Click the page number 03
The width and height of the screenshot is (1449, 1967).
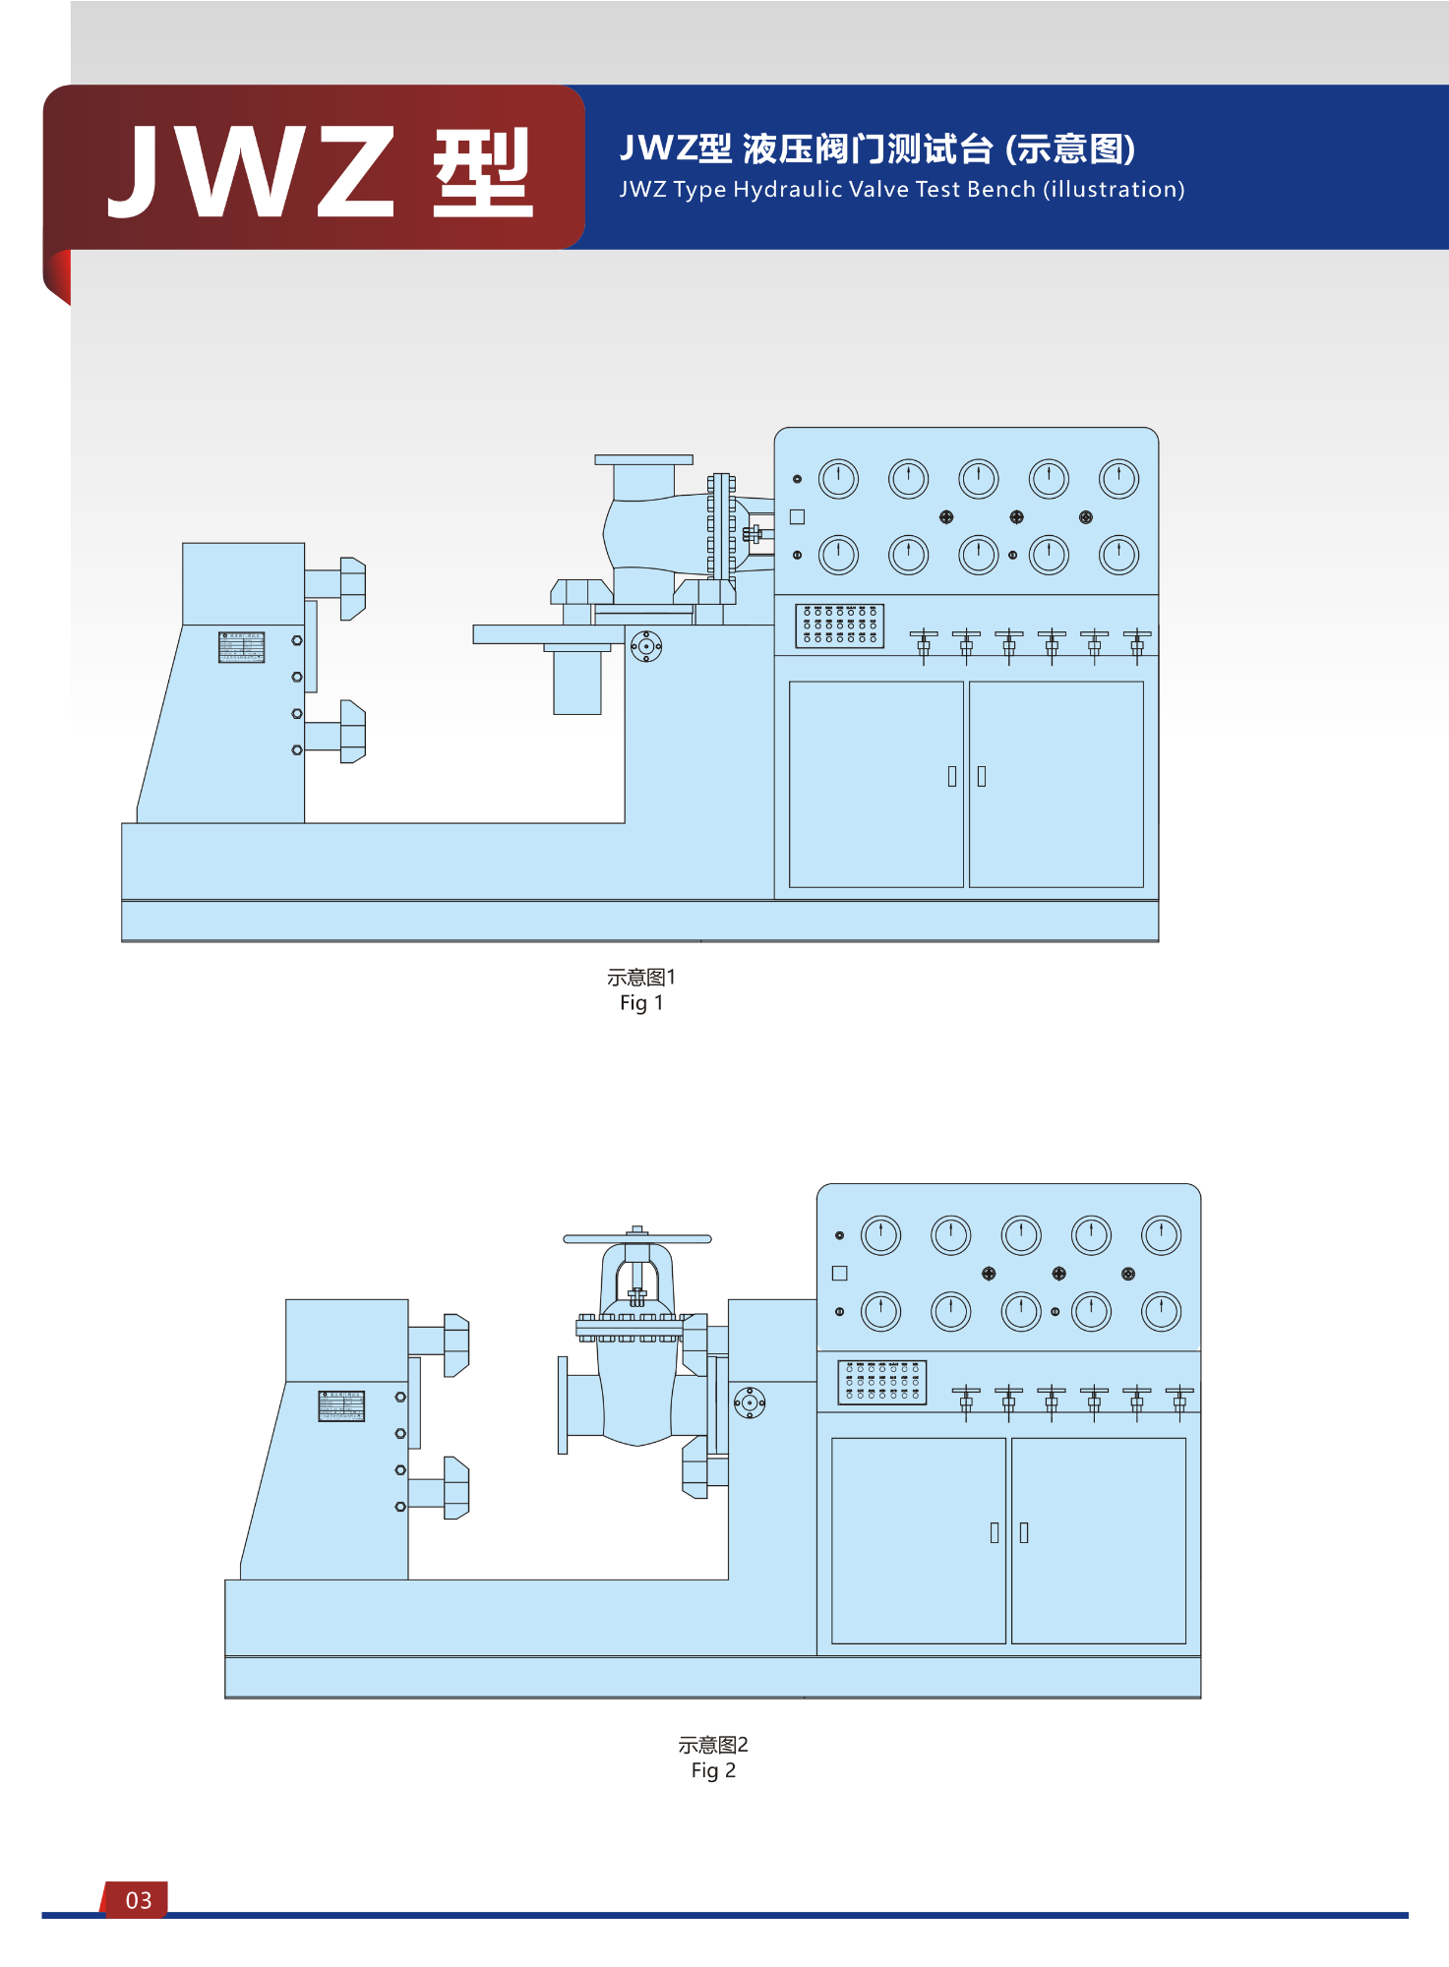pos(139,1900)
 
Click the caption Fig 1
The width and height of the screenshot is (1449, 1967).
pos(641,1002)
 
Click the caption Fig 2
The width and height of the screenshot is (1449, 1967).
pos(713,1770)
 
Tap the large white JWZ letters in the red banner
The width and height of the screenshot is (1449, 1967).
pos(251,172)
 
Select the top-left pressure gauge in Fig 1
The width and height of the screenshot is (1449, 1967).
pos(838,479)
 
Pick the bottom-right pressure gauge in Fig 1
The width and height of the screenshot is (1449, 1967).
pos(1118,555)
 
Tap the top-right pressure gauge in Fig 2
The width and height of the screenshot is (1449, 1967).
pos(1161,1235)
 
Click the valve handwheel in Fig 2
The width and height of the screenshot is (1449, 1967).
pos(636,1239)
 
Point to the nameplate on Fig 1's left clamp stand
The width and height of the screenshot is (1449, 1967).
pos(242,647)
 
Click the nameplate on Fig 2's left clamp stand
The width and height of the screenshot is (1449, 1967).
pos(341,1405)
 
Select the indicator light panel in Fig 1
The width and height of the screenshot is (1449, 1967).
pos(839,626)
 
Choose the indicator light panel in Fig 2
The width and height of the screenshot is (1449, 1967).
pos(881,1382)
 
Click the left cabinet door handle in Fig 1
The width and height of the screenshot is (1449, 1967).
pos(951,776)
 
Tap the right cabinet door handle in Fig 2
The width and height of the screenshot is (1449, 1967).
pos(1024,1532)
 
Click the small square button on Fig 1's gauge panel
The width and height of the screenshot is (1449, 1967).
pos(797,516)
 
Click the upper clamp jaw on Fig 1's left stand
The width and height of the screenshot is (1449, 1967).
pos(352,588)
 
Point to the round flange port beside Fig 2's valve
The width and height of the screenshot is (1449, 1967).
pos(750,1402)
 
